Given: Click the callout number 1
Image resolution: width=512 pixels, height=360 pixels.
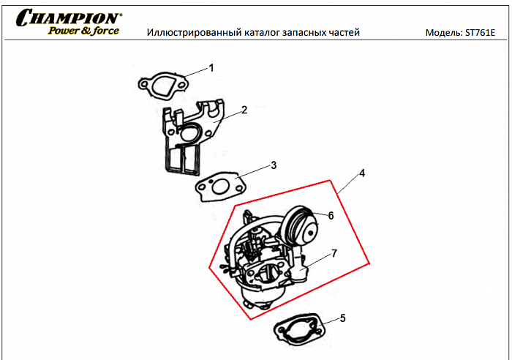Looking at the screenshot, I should (x=211, y=68).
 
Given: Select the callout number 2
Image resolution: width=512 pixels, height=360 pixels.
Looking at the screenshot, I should (x=244, y=110).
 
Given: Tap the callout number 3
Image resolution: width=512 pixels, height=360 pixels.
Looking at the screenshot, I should (x=274, y=165).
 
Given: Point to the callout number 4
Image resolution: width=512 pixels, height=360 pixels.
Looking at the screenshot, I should (x=361, y=175).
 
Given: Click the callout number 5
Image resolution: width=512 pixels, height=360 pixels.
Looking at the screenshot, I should (x=343, y=318).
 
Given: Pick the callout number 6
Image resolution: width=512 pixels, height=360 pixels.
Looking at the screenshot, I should (x=331, y=216).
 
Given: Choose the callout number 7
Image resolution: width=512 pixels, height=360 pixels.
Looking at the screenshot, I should (x=334, y=253).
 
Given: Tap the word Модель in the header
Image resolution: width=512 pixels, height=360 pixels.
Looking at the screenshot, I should (x=443, y=33).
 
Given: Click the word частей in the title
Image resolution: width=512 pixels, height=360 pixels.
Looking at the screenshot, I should (x=345, y=33).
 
